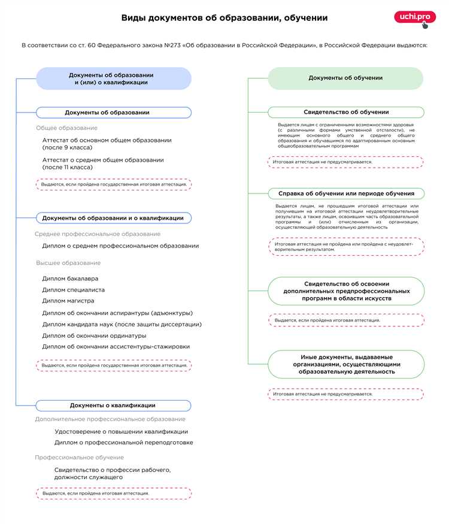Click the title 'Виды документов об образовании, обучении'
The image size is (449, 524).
pos(224,18)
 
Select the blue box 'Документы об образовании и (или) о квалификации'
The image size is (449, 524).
pos(114,78)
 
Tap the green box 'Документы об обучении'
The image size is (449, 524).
pos(345,78)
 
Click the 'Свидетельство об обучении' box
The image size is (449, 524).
pos(345,112)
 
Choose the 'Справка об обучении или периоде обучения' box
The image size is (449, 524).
pos(345,193)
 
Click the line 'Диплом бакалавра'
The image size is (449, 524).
pos(70,278)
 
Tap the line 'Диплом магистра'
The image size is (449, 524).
pos(68,301)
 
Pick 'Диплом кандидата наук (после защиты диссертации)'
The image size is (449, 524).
pos(122,324)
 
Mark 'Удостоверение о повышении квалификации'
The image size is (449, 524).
pos(121,431)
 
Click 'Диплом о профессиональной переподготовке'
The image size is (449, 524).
pos(123,443)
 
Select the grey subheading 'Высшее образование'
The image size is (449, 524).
pos(68,263)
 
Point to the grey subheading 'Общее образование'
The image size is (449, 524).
pos(66,128)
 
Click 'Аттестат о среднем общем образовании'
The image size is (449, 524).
pos(103,163)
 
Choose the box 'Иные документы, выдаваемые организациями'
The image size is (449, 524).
pos(346,364)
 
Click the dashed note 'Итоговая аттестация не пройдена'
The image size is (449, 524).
pos(345,247)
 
